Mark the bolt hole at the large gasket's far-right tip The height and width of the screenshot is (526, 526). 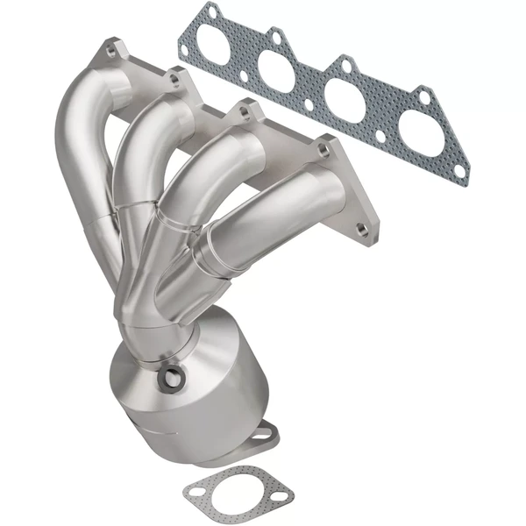pos(457,167)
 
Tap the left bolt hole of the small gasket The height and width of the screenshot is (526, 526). pos(195,493)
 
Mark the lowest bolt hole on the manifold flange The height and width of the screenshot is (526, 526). pos(360,231)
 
